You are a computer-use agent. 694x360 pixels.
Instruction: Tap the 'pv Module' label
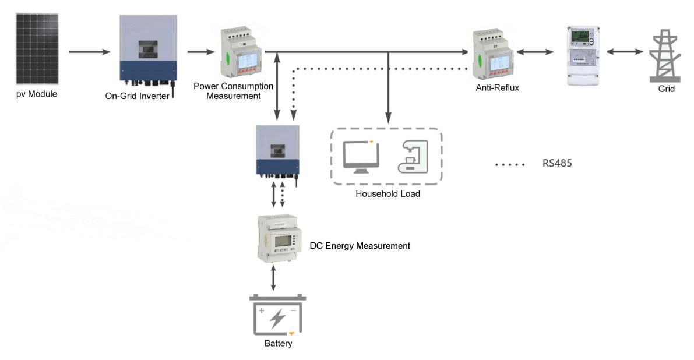coord(37,93)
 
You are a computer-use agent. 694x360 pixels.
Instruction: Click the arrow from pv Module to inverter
coord(89,52)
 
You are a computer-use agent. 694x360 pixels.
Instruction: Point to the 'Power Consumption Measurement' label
coord(234,90)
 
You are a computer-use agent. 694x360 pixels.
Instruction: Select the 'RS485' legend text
coord(557,164)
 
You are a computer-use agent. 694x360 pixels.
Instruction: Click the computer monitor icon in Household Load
coord(360,156)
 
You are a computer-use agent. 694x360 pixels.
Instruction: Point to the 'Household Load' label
coord(387,194)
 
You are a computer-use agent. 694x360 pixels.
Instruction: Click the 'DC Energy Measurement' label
coord(360,246)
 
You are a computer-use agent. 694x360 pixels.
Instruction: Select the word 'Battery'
coord(278,344)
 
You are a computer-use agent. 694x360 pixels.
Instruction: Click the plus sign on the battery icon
coord(262,311)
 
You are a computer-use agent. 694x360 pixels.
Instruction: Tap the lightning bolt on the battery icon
coord(278,318)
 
